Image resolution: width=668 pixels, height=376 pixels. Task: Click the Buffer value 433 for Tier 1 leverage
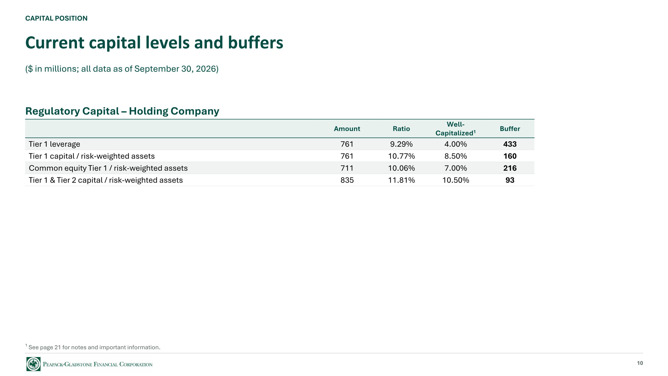tap(510, 144)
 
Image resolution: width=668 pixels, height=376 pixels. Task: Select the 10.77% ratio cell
tap(401, 156)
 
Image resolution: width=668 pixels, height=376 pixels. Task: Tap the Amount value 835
tap(347, 180)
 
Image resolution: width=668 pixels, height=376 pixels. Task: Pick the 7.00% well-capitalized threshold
tap(456, 168)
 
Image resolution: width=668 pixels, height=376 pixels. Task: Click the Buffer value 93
tap(510, 180)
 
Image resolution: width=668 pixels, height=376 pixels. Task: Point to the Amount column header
tap(347, 129)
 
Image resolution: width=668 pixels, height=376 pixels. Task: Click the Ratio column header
tap(401, 129)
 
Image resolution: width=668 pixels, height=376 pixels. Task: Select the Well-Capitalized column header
tap(456, 129)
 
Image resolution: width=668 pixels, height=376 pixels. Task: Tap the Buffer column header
tap(510, 129)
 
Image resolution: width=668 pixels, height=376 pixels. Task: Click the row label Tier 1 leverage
tap(55, 144)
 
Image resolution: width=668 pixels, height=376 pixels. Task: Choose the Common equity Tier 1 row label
tap(108, 168)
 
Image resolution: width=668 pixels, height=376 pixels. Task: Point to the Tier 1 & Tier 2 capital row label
tap(106, 180)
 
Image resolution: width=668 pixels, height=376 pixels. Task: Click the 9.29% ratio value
tap(401, 144)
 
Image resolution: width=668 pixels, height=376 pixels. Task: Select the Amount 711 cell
tap(347, 168)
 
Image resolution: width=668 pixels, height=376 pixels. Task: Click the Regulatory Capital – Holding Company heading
tap(122, 111)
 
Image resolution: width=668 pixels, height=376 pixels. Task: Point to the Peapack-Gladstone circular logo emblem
tap(33, 364)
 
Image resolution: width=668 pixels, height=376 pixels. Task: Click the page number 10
tap(640, 363)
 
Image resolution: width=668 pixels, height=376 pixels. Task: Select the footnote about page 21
tap(93, 347)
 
